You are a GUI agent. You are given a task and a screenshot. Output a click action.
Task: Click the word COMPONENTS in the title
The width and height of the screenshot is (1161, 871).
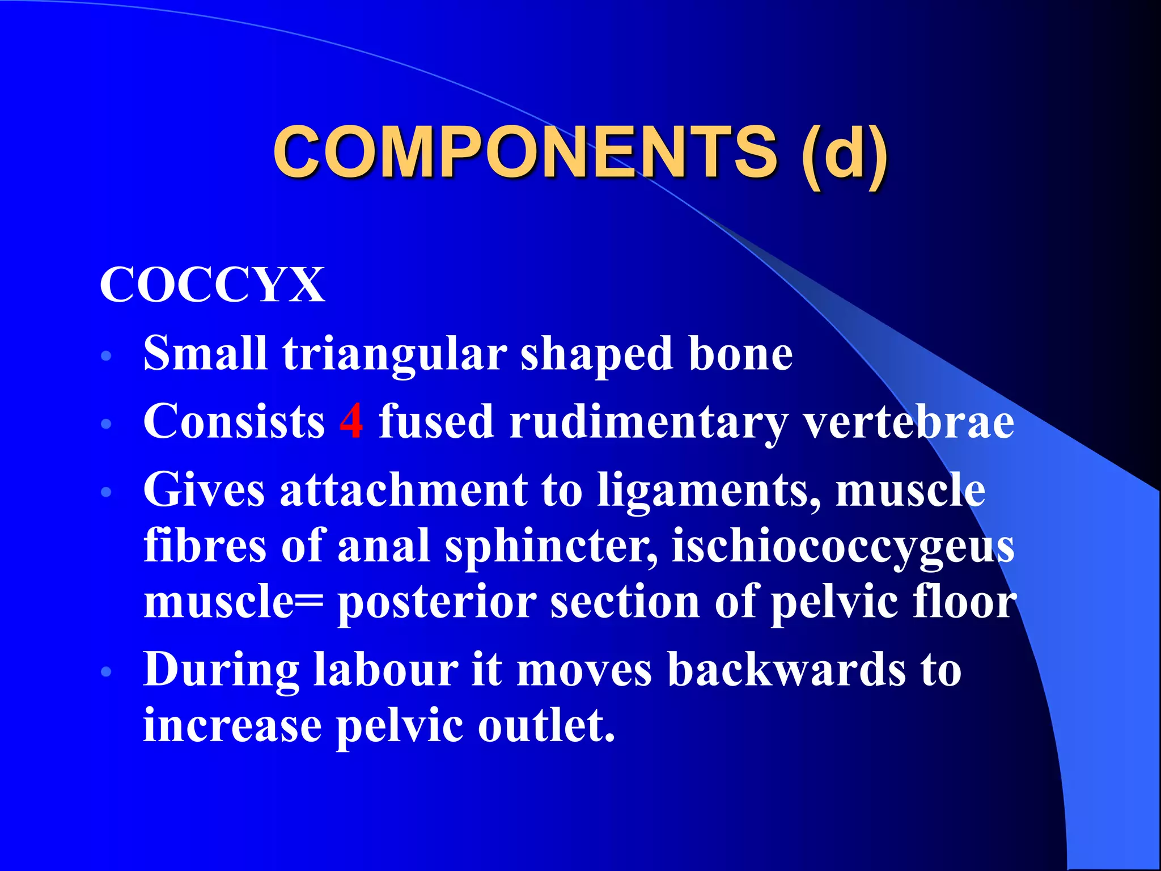coord(525,152)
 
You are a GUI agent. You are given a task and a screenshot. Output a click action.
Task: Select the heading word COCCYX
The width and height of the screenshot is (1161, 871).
coord(213,285)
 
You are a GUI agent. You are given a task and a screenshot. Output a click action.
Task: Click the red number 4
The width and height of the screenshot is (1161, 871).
coord(351,421)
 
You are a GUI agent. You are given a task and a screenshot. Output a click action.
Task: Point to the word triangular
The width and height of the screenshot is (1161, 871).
coord(395,354)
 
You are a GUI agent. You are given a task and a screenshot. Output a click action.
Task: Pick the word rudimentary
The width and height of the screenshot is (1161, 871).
coord(649,422)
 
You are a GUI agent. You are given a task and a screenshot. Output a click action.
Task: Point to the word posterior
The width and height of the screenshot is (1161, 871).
coord(437,603)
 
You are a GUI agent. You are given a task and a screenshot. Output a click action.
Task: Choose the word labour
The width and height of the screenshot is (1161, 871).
coord(385,670)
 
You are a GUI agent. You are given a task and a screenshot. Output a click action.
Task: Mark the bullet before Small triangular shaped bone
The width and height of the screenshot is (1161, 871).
coord(106,357)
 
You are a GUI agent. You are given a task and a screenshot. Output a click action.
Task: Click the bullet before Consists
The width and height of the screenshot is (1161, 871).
coord(106,424)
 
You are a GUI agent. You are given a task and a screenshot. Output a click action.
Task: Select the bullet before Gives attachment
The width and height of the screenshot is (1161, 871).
coord(106,492)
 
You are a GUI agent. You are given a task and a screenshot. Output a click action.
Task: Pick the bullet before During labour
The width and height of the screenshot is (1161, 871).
coord(106,672)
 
